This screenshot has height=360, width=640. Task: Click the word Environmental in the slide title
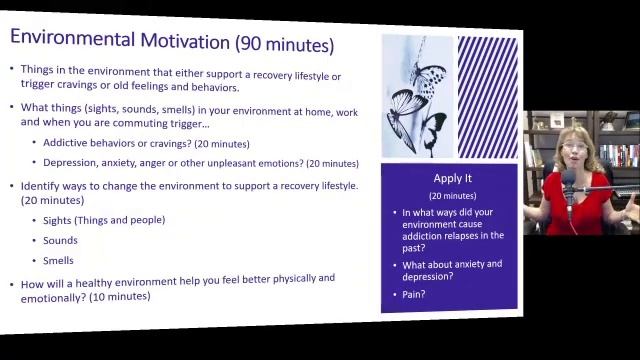[x=69, y=40]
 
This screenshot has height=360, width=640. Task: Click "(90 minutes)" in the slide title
[x=284, y=44]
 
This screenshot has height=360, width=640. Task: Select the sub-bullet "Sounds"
[x=60, y=240]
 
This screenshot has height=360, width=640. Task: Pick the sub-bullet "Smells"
[x=58, y=260]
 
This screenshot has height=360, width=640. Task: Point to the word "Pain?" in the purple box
[x=413, y=294]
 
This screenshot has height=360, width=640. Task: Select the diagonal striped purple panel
[x=487, y=97]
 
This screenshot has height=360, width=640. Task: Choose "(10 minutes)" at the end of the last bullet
[x=120, y=296]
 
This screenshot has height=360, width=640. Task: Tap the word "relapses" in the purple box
[x=470, y=236]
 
